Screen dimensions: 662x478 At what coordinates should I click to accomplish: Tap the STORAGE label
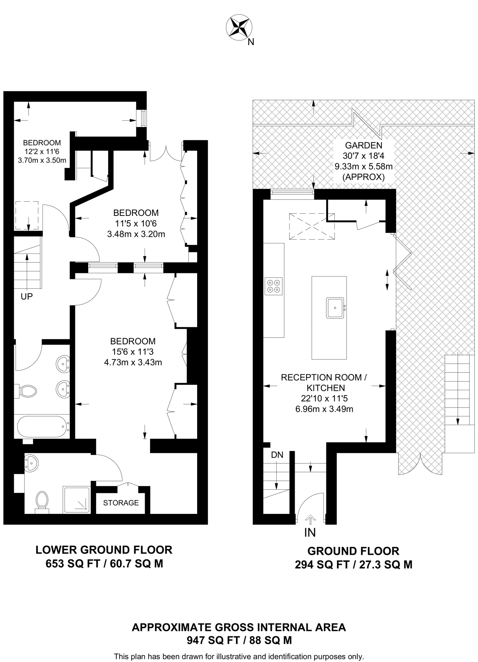[x=121, y=503]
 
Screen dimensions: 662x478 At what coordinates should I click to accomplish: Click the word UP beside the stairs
[x=27, y=296]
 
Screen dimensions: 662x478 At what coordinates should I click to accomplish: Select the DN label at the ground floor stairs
[x=277, y=455]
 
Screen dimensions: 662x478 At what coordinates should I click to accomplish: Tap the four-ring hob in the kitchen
[x=273, y=286]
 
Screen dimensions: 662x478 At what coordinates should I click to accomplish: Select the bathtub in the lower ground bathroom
[x=42, y=426]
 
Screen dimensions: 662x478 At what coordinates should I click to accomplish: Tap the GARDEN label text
[x=364, y=145]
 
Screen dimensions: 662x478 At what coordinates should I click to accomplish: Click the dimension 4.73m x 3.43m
[x=133, y=362]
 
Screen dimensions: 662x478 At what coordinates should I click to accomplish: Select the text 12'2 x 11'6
[x=42, y=151]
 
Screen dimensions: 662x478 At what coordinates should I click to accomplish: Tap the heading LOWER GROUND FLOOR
[x=104, y=550]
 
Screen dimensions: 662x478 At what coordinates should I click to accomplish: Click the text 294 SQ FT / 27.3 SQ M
[x=353, y=564]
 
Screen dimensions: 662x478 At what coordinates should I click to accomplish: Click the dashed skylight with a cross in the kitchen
[x=312, y=226]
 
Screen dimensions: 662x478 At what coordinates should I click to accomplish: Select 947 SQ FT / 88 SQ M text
[x=239, y=640]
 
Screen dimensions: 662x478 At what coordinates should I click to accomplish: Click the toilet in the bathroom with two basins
[x=27, y=391]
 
